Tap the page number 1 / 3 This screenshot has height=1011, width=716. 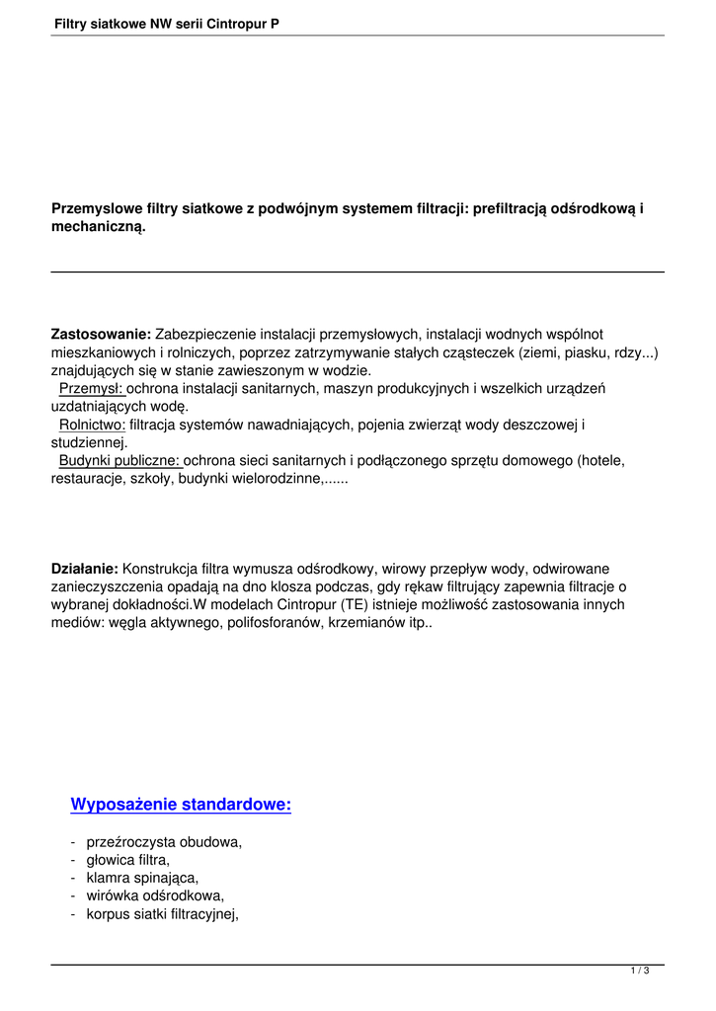(640, 972)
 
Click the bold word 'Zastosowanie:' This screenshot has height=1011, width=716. (101, 335)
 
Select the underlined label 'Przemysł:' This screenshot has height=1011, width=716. (91, 388)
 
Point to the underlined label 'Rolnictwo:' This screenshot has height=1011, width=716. (92, 425)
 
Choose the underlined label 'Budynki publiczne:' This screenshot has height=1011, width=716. (120, 460)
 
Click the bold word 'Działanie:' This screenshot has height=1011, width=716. (85, 569)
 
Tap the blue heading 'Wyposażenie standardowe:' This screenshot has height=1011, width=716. (181, 805)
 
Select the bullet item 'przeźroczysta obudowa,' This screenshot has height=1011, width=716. (164, 842)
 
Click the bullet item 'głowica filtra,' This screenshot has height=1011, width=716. (127, 860)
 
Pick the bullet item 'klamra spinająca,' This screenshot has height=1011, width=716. (142, 878)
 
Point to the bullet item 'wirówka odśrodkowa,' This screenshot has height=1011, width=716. (155, 895)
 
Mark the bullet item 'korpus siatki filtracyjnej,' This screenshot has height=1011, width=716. (163, 913)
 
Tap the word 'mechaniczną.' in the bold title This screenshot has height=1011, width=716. (98, 227)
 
